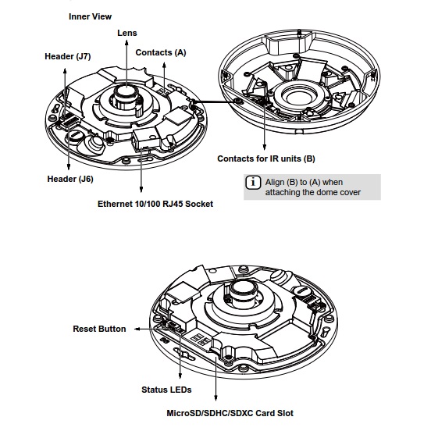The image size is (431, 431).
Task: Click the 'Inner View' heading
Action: pos(90,16)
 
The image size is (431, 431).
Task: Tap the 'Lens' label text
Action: pos(127,33)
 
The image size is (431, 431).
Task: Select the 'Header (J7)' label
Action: pos(68,56)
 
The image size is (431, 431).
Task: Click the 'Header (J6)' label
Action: pos(70,179)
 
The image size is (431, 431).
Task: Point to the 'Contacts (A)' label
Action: pos(161,52)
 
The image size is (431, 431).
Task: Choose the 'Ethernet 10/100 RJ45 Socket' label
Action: pos(155,204)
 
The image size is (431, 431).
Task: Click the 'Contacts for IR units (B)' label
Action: pos(266,159)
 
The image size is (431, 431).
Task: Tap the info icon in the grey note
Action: pos(253,183)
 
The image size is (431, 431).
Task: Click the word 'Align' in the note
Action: pos(275,183)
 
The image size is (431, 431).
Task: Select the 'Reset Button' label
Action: pos(99,329)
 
